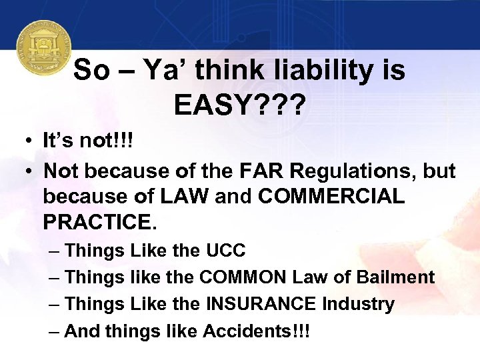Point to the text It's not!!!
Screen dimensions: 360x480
tap(87, 141)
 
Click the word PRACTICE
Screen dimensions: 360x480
tap(101, 222)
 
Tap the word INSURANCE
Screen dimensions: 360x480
tap(262, 304)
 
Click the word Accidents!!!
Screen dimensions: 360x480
tap(257, 331)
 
